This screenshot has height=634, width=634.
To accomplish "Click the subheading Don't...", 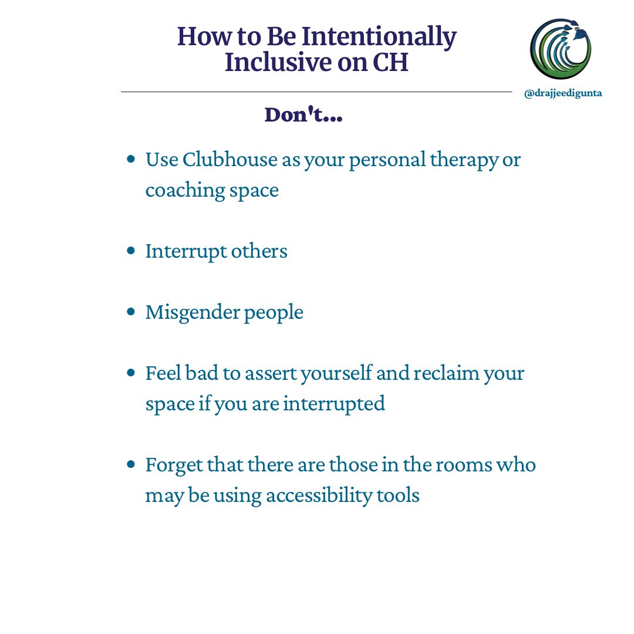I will coord(303,114).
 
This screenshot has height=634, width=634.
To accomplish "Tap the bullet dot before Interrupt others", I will coord(131,251).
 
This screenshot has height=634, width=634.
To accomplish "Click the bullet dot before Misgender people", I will coord(131,312).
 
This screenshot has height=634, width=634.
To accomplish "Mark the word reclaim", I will coord(440,373).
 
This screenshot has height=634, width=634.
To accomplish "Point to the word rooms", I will coord(473,465).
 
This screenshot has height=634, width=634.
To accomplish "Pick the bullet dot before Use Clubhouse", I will coord(131,159).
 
